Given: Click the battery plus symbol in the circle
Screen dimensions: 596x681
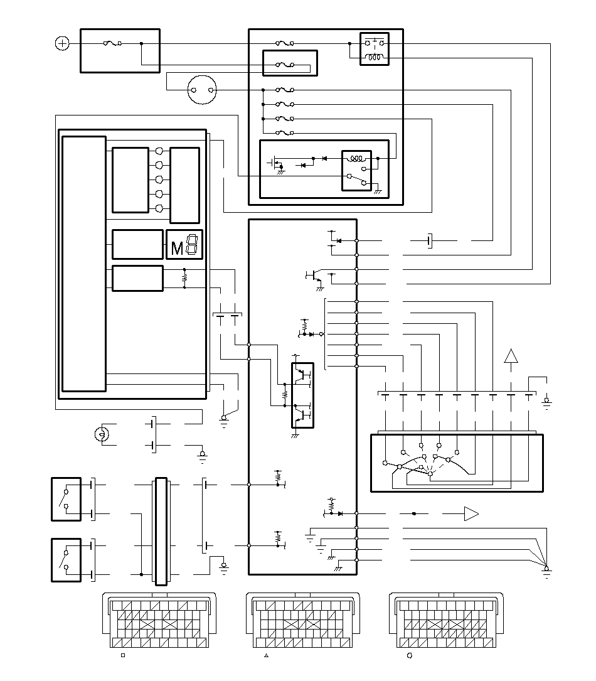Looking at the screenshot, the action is coord(63,43).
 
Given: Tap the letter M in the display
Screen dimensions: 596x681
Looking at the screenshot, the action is coord(177,249).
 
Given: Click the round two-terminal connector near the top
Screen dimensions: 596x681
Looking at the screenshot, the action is coord(202,90).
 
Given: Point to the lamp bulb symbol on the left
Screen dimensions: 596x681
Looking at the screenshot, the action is coord(102,434).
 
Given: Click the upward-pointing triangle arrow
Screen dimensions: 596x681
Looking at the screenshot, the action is coord(511,356).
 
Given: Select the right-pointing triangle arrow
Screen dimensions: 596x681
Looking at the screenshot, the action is coord(471,514).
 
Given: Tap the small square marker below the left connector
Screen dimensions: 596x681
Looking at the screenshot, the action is coord(123,655).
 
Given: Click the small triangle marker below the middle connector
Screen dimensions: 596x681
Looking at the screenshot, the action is coord(266,655).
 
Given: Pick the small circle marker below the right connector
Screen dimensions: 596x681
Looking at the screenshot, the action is coord(409,655).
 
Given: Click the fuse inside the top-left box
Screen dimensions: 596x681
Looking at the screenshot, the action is coord(112,43).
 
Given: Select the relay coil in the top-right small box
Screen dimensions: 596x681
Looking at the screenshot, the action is coord(374,57).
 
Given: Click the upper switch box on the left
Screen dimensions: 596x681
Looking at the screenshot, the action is coord(66,499).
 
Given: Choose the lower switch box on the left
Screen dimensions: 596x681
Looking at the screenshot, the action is coord(66,560).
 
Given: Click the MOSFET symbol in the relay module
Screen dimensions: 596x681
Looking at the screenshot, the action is coord(275,164).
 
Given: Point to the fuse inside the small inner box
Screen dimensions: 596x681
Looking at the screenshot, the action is coord(285,65).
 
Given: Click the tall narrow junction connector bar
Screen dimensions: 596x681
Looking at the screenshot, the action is coord(161,531).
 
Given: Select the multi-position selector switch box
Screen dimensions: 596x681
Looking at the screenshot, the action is coord(457,463).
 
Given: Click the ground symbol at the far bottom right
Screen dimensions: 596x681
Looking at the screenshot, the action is coord(546,572).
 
